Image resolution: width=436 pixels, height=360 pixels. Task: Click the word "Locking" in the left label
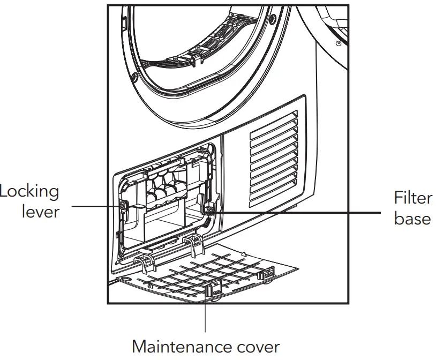29,191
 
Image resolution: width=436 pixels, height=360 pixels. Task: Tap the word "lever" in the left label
40,212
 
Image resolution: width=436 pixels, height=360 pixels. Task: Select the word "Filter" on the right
413,198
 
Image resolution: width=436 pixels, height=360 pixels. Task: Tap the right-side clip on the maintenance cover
266,274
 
